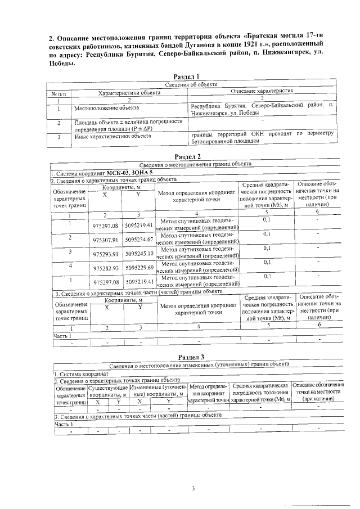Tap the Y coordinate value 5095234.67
pyautogui.click(x=139, y=239)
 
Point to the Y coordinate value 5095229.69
pyautogui.click(x=139, y=267)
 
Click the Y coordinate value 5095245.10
pyautogui.click(x=139, y=253)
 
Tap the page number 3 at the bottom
pyautogui.click(x=192, y=489)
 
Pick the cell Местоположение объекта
pyautogui.click(x=107, y=107)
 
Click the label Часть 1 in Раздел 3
pyautogui.click(x=63, y=424)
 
